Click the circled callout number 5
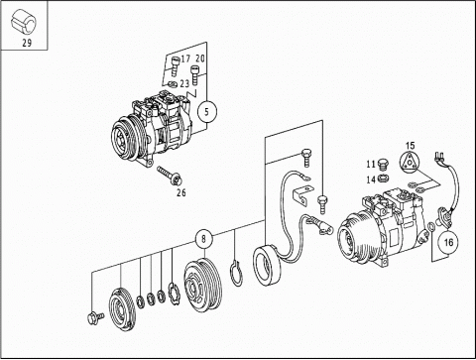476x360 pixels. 207,111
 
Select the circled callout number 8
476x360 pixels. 203,239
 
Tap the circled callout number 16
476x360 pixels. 448,242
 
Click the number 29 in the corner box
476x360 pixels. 27,43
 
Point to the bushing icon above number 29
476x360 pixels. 24,22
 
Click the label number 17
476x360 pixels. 185,59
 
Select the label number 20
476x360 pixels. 200,59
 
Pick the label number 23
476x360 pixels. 184,83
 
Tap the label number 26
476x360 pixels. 181,192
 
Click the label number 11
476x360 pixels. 371,164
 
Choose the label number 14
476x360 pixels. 371,180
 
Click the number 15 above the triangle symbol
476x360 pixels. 410,146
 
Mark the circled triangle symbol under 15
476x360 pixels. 409,163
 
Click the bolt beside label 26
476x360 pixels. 171,176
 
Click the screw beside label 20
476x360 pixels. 194,74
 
